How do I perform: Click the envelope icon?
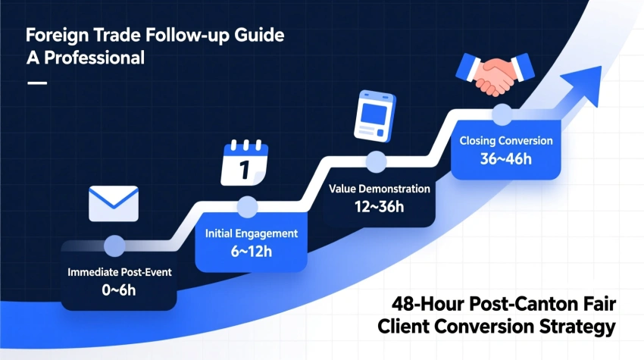[114, 203]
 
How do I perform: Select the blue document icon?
[376, 117]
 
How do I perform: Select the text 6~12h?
[250, 252]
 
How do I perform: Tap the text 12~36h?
[380, 207]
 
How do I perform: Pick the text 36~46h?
[505, 159]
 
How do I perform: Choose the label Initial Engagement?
[252, 233]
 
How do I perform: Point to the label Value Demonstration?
[380, 189]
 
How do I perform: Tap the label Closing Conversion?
[505, 141]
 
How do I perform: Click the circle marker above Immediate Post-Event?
[115, 245]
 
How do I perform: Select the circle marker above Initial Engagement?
[248, 206]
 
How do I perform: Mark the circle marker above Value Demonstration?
[377, 161]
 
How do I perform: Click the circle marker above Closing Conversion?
[502, 114]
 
